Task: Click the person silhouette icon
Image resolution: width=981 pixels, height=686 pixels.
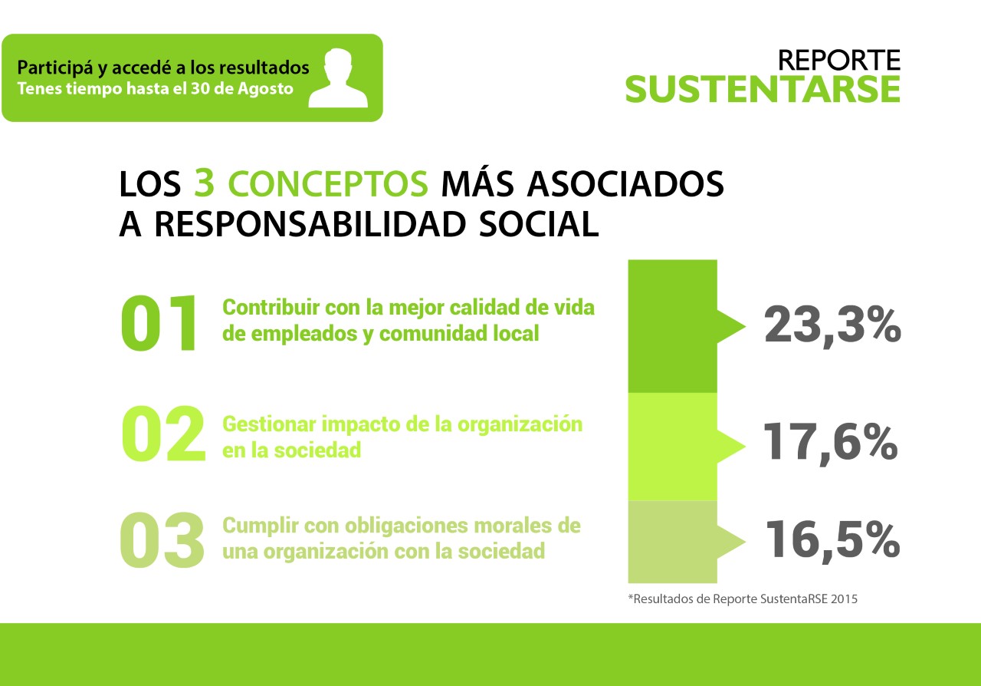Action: [x=338, y=78]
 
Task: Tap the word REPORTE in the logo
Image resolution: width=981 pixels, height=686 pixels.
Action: [x=839, y=61]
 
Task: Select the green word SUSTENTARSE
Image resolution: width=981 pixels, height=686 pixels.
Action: [x=763, y=90]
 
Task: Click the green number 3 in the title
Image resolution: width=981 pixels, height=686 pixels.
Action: [x=204, y=183]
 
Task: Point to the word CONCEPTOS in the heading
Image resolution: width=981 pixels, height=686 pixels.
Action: [x=328, y=183]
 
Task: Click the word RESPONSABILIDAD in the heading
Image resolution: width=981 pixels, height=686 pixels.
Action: [x=310, y=225]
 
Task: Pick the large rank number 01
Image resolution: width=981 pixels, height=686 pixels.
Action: [x=159, y=323]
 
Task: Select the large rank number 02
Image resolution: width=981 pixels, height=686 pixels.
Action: [x=163, y=434]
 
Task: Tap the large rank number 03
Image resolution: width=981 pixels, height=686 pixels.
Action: [x=162, y=539]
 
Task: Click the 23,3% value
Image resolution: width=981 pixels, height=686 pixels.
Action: [x=832, y=326]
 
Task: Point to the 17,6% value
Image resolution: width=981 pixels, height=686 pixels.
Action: [x=830, y=443]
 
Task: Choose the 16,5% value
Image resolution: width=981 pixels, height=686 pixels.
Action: [x=832, y=540]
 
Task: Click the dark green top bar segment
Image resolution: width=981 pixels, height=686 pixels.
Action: [x=673, y=326]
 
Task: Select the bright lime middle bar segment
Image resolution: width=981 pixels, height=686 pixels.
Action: [x=673, y=447]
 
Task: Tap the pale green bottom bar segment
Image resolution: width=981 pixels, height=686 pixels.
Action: [x=673, y=542]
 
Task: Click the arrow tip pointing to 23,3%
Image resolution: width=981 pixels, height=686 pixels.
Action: [x=746, y=326]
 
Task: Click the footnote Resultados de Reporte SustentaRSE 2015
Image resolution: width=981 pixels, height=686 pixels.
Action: [x=743, y=599]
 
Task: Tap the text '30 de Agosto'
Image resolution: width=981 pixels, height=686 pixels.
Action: [x=241, y=88]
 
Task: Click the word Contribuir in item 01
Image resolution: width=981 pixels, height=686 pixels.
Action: [x=271, y=307]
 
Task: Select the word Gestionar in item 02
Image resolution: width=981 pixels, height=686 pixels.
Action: [x=269, y=424]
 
